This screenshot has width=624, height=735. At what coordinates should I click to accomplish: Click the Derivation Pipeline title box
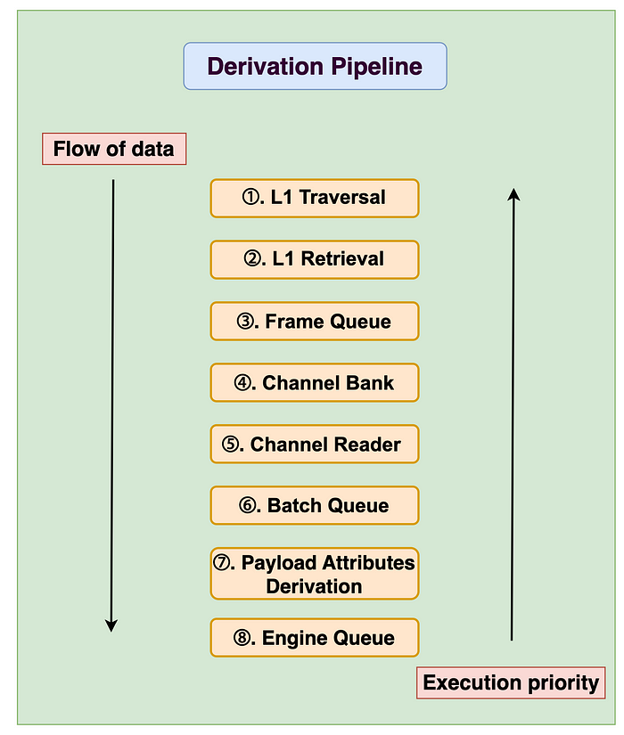point(315,66)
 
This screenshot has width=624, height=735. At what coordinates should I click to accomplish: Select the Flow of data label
point(114,149)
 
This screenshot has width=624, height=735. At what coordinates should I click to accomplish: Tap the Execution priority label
point(511,682)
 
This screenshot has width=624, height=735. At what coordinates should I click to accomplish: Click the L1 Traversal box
point(315,198)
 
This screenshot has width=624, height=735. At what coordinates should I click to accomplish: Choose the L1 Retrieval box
point(315,259)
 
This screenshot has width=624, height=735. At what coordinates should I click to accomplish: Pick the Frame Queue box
point(315,321)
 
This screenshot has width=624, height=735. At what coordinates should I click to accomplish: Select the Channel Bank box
point(315,382)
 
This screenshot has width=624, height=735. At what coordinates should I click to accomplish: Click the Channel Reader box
point(315,444)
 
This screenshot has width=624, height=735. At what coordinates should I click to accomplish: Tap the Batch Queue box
point(315,505)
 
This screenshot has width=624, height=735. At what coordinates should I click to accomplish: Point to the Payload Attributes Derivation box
point(315,574)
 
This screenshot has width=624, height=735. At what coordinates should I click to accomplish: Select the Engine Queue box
point(315,638)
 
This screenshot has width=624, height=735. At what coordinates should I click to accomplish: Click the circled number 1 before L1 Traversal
point(250,197)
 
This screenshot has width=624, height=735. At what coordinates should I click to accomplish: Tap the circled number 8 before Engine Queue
point(242,638)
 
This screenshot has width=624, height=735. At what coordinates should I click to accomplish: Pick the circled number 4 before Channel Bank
point(242,382)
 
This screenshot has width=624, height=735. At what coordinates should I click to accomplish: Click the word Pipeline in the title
point(377,67)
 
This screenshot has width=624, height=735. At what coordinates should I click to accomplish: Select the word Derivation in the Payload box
point(314,586)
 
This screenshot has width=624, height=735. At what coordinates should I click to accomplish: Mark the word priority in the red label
point(563,683)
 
